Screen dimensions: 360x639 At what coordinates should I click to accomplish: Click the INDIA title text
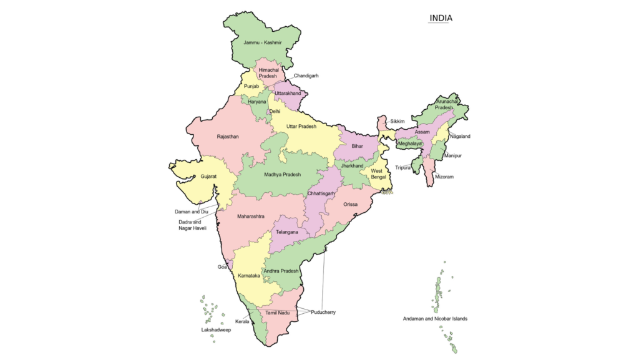pos(441,18)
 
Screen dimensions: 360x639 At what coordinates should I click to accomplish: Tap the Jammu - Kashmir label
pos(263,42)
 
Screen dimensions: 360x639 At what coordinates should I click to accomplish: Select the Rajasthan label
pos(228,136)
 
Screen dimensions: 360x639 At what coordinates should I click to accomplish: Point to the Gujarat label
pos(208,177)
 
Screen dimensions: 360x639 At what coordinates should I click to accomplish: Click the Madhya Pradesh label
pos(282,175)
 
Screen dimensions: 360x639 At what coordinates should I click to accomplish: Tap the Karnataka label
pos(249,275)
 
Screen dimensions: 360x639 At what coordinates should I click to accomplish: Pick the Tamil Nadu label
pos(278,312)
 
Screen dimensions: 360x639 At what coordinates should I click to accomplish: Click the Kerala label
pos(242,322)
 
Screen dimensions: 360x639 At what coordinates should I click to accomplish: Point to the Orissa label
pos(350,204)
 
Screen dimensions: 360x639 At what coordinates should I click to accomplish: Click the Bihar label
pos(357,146)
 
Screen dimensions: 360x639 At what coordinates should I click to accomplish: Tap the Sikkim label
pos(398,121)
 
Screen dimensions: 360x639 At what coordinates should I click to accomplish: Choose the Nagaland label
pos(460,136)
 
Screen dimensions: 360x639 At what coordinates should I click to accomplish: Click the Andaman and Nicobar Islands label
pos(435,319)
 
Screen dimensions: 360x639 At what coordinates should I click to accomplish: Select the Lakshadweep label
pos(216,329)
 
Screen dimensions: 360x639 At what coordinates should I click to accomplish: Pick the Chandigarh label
pos(306,75)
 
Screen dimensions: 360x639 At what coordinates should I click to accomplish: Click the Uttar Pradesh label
pos(301,127)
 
